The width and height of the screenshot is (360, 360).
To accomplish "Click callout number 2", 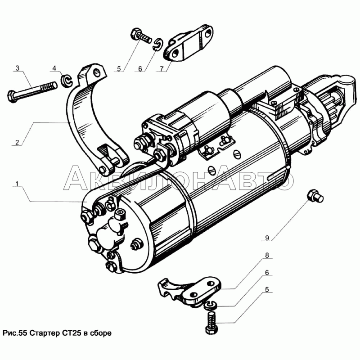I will point(17,143).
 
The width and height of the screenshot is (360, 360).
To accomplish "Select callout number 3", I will point(17,68).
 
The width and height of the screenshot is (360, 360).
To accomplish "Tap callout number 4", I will point(54,68).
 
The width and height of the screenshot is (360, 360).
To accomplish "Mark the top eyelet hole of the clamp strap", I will point(94,71).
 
